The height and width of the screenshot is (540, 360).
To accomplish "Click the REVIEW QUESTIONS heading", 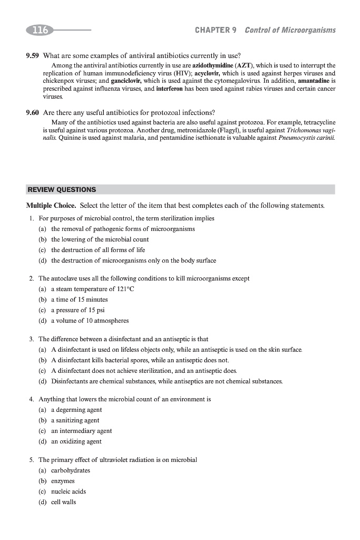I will pos(62,189).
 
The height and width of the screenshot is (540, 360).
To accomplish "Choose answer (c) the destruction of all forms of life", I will pos(98,250).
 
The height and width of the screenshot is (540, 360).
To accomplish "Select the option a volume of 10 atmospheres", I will pos(90,321).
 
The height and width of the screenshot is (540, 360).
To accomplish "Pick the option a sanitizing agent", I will pos(75,420).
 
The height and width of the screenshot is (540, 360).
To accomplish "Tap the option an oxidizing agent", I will pos(76,441).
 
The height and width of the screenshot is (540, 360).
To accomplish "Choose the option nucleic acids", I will pos(69,491).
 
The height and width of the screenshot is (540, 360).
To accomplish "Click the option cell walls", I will pos(64,502).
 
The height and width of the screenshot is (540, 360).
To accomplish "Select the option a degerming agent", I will pos(76,410).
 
